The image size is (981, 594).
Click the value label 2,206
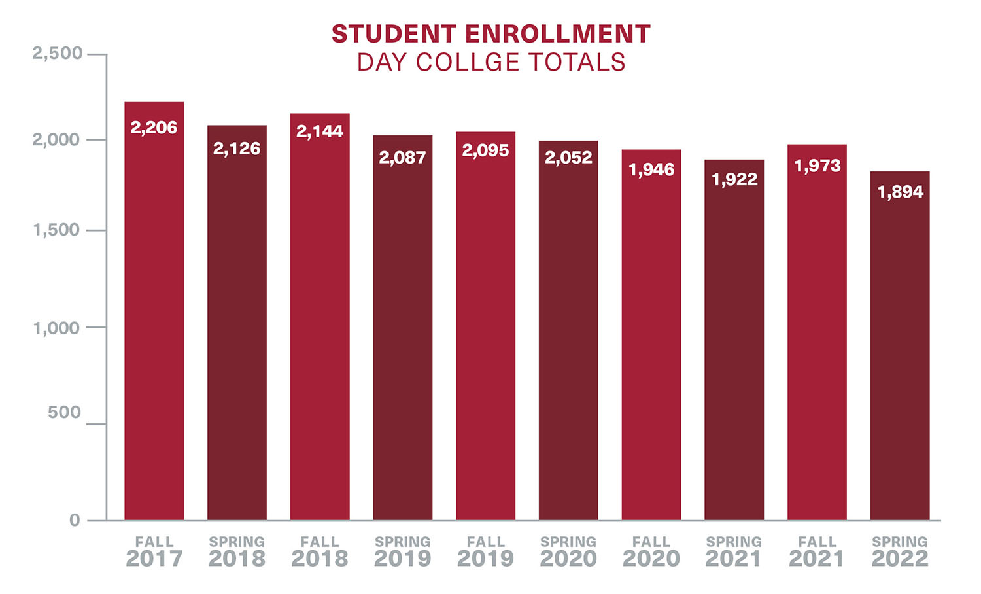click(x=154, y=128)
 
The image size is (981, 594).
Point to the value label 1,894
click(x=900, y=192)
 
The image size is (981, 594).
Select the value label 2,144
click(x=320, y=131)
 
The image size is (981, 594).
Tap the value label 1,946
click(x=651, y=170)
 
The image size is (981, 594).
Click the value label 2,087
click(x=402, y=158)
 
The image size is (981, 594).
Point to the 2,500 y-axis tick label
click(x=58, y=54)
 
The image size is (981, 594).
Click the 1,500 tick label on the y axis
click(x=58, y=230)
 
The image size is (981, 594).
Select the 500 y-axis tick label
click(x=64, y=413)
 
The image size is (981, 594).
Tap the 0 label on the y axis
click(x=75, y=520)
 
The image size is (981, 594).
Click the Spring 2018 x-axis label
click(x=237, y=551)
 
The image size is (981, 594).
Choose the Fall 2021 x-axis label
click(x=817, y=551)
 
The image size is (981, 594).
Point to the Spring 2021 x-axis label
click(x=734, y=551)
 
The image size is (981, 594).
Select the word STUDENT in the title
click(x=394, y=34)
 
